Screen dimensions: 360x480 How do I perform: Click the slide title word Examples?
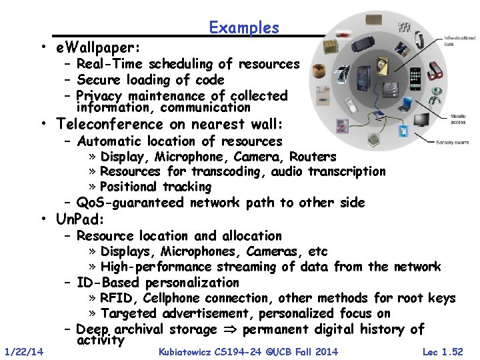[x=243, y=28]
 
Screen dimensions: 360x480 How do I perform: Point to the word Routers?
[x=313, y=157]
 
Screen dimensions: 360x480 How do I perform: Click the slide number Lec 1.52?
[x=442, y=351]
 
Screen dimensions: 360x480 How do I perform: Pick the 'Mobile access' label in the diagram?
[x=458, y=119]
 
